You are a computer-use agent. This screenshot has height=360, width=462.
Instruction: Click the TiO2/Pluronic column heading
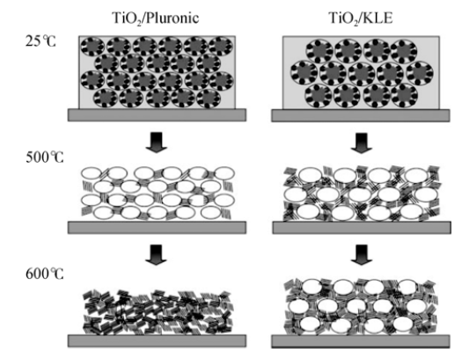tap(156, 18)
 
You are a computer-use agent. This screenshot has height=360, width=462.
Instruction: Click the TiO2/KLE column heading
tap(360, 18)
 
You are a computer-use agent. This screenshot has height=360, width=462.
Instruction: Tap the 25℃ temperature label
tap(40, 41)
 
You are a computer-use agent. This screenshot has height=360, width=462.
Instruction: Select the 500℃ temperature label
tap(45, 158)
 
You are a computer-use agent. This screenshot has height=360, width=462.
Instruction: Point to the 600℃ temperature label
tap(45, 275)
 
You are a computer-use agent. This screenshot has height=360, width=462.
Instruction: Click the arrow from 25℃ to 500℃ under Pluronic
tap(156, 142)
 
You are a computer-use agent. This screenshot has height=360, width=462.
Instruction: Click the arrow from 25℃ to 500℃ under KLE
tap(362, 143)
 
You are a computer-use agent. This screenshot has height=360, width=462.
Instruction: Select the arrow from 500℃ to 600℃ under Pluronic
tap(156, 254)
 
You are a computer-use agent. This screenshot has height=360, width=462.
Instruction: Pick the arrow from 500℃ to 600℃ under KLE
tap(362, 254)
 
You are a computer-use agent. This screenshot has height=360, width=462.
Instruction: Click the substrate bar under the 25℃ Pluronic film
tap(157, 115)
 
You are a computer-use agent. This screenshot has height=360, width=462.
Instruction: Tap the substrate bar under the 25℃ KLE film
tap(361, 115)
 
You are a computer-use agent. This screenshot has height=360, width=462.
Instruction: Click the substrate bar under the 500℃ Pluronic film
tap(157, 228)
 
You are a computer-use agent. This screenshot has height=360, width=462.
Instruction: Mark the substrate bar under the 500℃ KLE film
tap(362, 228)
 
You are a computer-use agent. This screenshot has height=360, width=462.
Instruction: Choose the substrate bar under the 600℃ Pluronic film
tap(157, 341)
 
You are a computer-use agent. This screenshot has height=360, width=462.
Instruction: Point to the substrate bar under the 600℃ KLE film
tap(361, 342)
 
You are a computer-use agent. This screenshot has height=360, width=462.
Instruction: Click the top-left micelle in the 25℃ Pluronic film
tap(92, 47)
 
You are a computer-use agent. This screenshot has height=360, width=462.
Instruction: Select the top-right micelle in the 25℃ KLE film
tap(404, 51)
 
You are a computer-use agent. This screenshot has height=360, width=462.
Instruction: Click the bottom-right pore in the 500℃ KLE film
tap(411, 211)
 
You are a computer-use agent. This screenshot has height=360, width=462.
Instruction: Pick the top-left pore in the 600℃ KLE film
tap(312, 287)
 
